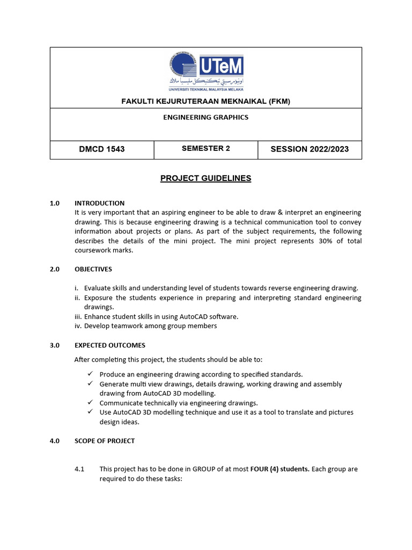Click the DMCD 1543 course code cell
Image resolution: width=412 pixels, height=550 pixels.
(x=102, y=149)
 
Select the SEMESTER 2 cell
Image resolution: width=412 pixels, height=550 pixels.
(x=206, y=149)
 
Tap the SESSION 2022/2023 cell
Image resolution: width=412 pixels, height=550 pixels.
(x=310, y=149)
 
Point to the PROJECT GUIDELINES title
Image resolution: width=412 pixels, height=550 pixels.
(x=206, y=178)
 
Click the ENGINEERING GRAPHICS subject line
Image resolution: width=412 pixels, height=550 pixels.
(x=206, y=117)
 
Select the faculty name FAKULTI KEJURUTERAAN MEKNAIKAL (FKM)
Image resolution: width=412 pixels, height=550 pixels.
(x=206, y=101)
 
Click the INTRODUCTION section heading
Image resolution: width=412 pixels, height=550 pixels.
(x=99, y=204)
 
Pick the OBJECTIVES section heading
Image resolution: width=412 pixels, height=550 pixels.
(x=93, y=269)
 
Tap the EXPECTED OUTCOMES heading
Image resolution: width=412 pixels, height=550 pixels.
(x=110, y=345)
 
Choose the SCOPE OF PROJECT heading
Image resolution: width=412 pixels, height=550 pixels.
(x=105, y=441)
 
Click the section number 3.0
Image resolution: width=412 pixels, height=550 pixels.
(x=55, y=345)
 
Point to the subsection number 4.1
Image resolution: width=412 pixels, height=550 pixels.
(x=80, y=469)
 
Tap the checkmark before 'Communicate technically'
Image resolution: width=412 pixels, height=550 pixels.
(x=90, y=402)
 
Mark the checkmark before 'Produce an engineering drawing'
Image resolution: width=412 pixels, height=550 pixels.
(x=90, y=374)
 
